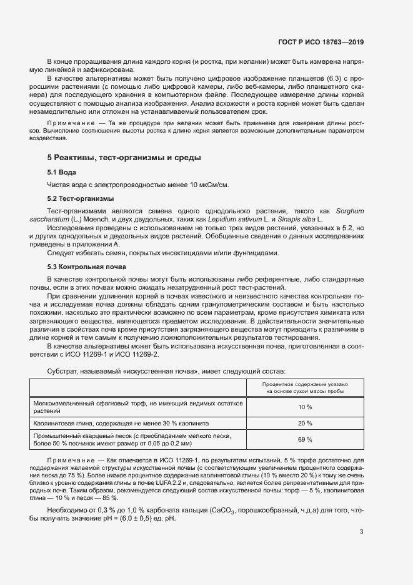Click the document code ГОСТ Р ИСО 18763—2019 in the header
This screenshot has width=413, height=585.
click(x=321, y=42)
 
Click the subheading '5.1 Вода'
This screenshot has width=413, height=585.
click(x=61, y=172)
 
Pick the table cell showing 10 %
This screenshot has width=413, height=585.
click(x=305, y=407)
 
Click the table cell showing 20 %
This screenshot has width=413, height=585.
click(x=305, y=424)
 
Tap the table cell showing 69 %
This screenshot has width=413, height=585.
click(x=305, y=440)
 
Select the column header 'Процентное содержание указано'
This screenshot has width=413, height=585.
click(x=305, y=384)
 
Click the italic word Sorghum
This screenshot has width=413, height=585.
click(x=349, y=211)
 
